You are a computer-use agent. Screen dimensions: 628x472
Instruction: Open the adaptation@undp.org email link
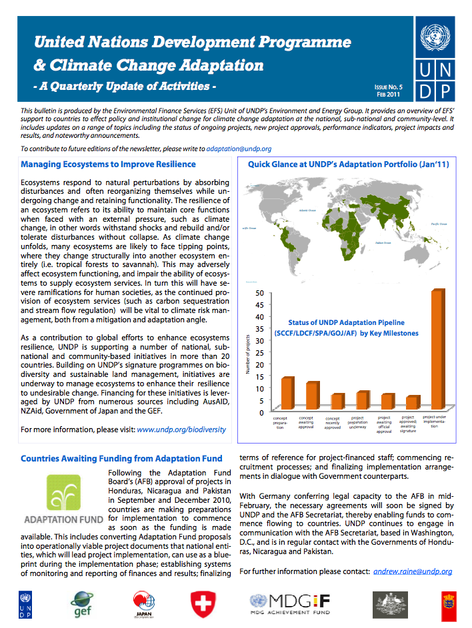[239, 149]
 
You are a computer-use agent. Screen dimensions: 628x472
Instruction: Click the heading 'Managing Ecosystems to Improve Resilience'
[108, 164]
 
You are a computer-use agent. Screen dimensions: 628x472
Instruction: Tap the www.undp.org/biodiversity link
[181, 430]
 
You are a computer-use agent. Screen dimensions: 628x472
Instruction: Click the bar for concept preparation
[287, 394]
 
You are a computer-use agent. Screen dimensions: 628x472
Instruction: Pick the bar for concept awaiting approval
[311, 396]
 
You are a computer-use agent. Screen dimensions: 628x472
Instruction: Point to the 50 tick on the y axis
[259, 293]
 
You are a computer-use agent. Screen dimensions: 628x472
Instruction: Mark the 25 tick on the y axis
[259, 353]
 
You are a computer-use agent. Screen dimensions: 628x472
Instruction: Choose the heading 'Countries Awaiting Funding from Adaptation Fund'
[121, 459]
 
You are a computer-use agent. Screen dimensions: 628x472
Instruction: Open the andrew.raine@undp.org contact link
[412, 571]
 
